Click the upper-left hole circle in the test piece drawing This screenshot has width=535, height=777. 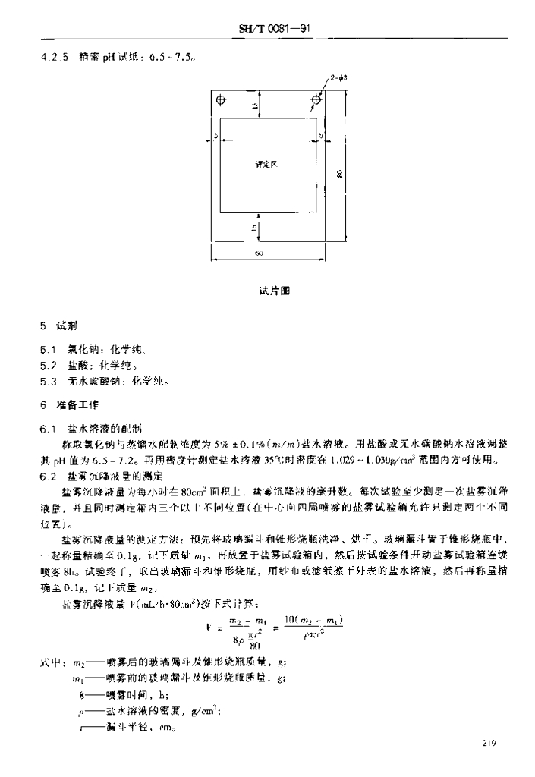(221, 99)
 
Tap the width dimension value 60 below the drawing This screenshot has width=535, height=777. (259, 254)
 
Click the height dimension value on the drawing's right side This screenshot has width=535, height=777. (338, 175)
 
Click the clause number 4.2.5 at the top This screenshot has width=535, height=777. (54, 56)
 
